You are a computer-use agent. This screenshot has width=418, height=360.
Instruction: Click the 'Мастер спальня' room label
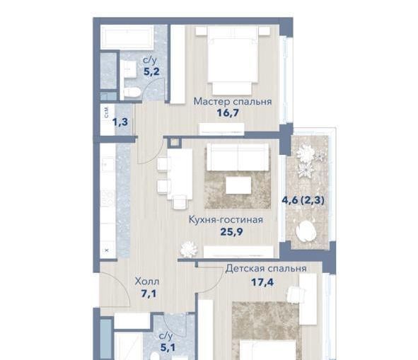(233, 102)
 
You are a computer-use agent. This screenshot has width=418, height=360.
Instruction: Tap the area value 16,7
(228, 113)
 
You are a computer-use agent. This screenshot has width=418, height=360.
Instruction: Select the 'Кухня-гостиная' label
(226, 220)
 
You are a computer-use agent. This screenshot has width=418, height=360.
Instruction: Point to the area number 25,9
(231, 232)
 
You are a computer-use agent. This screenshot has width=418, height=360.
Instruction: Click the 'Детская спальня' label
(266, 269)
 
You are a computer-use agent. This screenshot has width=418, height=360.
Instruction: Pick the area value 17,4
(262, 282)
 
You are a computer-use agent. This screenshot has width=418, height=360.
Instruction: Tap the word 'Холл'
(147, 281)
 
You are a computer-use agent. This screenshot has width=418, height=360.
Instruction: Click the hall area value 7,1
(149, 294)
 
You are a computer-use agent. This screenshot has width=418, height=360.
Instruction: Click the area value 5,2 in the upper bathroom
(151, 71)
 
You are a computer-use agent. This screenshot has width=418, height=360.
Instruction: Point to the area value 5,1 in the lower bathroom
(168, 347)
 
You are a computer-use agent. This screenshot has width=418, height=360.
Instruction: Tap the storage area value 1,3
(120, 122)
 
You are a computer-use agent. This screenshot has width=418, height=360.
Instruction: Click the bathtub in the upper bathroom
(127, 37)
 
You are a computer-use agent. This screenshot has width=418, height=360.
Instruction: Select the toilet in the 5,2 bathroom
(132, 93)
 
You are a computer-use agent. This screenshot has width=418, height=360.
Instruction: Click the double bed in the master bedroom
(233, 60)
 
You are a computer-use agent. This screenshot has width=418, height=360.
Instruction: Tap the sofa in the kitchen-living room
(238, 157)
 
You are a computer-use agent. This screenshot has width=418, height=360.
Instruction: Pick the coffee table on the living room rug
(238, 185)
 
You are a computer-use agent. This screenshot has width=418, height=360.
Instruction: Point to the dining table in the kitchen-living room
(180, 174)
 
